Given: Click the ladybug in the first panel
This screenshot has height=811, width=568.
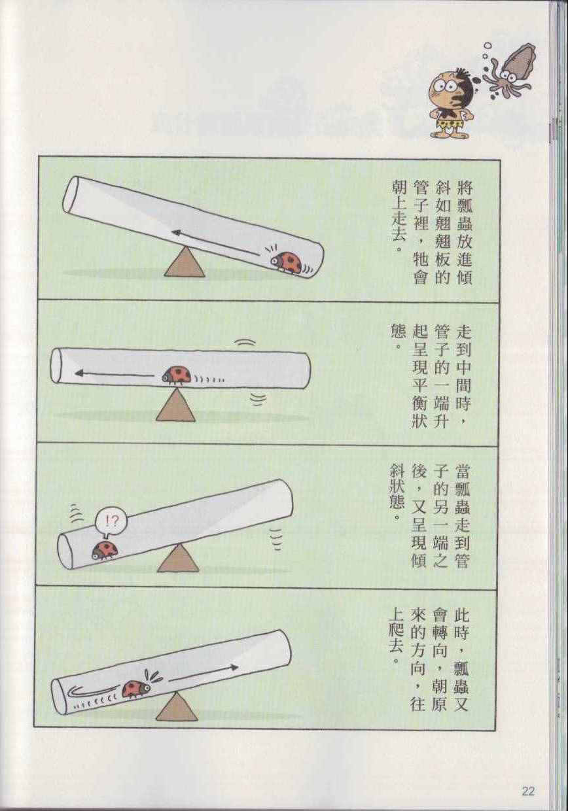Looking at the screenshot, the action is point(287,262).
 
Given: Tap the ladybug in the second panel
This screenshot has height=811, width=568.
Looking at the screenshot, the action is point(176,375).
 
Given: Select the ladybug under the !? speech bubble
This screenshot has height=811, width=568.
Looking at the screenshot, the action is point(104,550).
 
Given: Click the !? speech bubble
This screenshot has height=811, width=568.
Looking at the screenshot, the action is point(111,522).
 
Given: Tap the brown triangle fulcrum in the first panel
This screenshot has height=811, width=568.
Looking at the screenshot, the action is point(185,262).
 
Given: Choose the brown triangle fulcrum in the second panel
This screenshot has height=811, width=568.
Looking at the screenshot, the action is point(176,405).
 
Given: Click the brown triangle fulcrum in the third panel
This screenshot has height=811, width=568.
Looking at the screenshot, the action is point(178,559).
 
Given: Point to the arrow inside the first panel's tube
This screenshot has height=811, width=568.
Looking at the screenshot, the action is point(216,243).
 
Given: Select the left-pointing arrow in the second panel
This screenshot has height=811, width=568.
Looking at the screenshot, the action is point(114,373).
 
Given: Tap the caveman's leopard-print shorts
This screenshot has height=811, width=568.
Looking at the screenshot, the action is point(450,124).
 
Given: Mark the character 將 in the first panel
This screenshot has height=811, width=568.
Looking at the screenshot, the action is point(463,190).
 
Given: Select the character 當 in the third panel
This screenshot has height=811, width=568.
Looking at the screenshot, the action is point(462,473).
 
